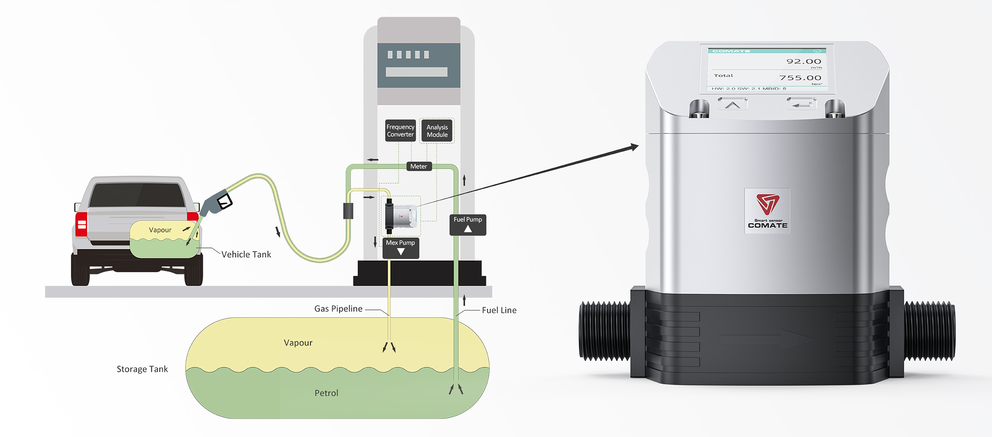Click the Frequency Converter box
400,131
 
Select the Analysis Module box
437,131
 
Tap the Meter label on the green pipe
418,167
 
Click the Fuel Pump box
468,224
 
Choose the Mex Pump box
400,247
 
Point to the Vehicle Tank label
246,255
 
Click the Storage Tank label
142,369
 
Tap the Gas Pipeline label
338,309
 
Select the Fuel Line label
499,310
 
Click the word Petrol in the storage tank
326,393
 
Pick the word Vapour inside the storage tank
298,343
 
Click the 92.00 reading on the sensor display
803,62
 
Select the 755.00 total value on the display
800,78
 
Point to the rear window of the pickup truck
137,196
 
